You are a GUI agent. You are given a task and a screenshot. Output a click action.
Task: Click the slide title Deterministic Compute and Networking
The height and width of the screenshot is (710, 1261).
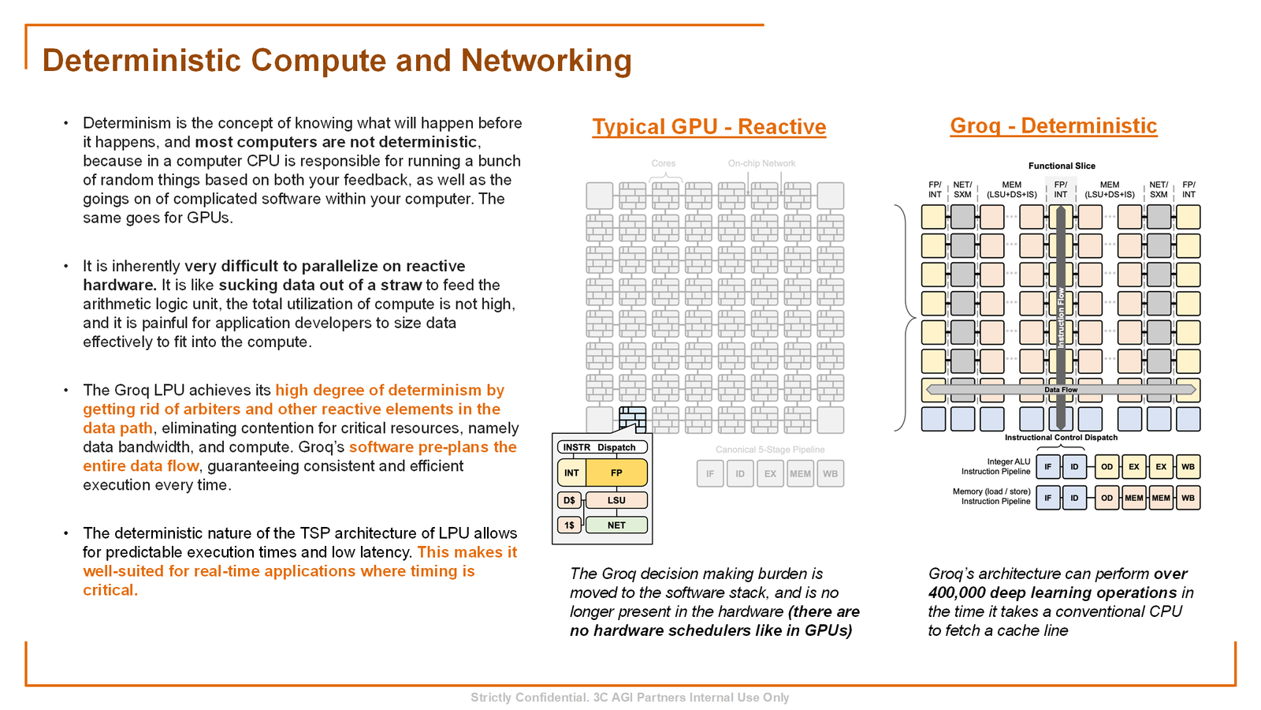point(337,61)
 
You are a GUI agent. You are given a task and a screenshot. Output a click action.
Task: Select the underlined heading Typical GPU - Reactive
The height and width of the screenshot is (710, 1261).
point(709,127)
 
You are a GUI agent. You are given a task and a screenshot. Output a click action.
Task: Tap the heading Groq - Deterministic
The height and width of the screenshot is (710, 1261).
point(1053,126)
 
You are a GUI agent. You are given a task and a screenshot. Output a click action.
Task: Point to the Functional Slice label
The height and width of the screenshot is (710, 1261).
point(1061,166)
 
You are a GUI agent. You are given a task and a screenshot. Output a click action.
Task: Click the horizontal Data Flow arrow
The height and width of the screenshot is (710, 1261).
point(1061,390)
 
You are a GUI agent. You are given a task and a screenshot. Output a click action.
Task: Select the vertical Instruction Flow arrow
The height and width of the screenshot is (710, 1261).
point(1061,316)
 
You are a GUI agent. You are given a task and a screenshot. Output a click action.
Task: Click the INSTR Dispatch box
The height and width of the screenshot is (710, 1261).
point(601,447)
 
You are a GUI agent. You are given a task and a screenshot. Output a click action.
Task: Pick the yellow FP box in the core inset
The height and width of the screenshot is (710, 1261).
point(616,473)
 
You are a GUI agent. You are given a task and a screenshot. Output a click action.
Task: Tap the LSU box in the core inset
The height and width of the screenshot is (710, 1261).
point(616,500)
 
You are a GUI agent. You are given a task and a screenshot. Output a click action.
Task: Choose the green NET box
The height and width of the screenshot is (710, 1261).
point(616,525)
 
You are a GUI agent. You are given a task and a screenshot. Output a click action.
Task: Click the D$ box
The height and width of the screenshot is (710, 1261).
point(569,500)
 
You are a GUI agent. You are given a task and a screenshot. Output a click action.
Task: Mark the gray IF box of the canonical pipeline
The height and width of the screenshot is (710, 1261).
point(710,474)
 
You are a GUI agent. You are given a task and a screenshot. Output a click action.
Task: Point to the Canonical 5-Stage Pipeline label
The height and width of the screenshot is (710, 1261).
point(770,450)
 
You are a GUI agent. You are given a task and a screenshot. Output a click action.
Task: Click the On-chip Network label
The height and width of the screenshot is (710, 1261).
point(761,163)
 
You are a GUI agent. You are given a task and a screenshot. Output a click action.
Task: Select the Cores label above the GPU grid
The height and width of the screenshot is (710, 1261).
point(664,163)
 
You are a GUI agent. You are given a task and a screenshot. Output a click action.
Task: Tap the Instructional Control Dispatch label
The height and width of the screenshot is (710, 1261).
point(1061,437)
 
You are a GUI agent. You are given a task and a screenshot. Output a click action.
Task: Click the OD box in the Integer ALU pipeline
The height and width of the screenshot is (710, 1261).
point(1107,467)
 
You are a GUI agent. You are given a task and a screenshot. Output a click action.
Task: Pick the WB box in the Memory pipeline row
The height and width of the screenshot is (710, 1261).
point(1188,498)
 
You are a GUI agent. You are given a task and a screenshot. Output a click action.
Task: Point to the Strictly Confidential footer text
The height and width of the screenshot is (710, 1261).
point(630,697)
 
